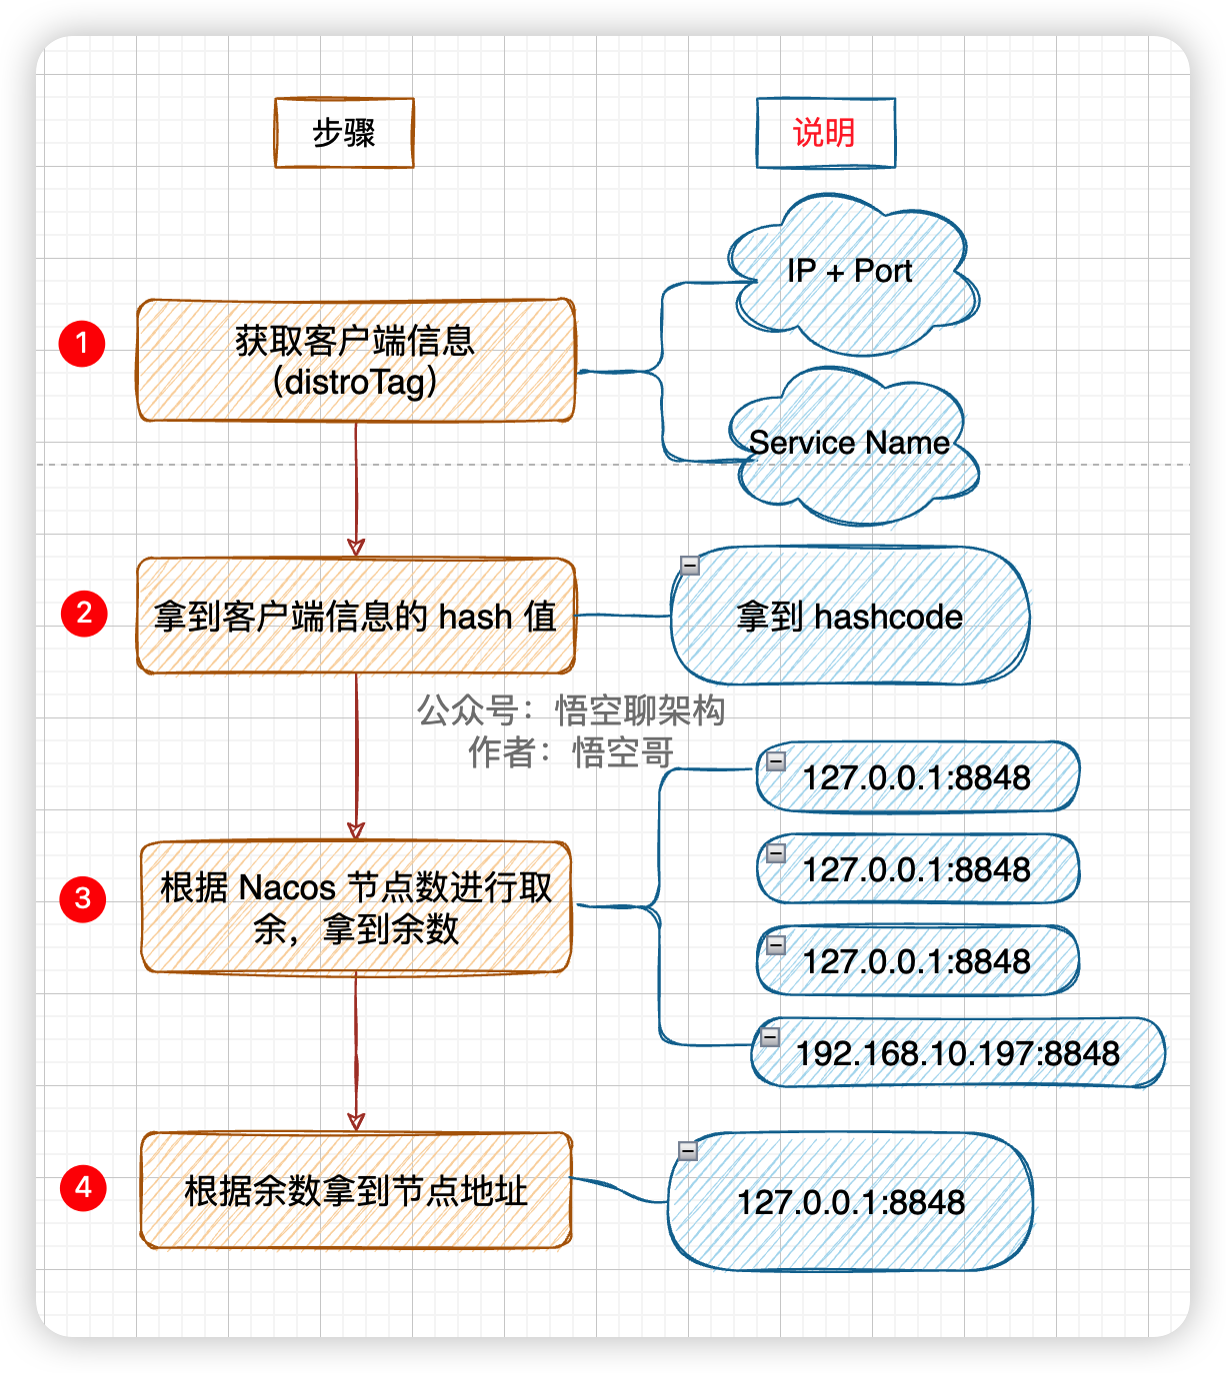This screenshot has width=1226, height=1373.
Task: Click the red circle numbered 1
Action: tap(82, 343)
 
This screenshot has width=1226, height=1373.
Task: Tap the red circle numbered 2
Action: tap(84, 613)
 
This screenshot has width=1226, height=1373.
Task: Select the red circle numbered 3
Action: tap(83, 898)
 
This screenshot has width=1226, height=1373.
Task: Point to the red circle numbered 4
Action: tap(83, 1187)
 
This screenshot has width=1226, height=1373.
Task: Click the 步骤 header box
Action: tap(344, 133)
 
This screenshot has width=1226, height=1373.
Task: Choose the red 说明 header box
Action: tap(825, 133)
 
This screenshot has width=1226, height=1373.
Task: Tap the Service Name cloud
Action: tap(850, 445)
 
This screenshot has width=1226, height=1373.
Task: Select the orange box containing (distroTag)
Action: tap(356, 361)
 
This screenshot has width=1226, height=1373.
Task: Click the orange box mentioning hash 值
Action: tap(356, 616)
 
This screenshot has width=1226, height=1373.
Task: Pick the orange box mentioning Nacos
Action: tap(356, 907)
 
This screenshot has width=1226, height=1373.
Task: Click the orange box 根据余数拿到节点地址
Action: tap(356, 1190)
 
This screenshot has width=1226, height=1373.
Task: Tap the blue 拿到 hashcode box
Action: tap(850, 617)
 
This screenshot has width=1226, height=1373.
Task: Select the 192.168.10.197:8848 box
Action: tap(957, 1053)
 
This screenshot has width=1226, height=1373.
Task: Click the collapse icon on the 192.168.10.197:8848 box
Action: tap(770, 1037)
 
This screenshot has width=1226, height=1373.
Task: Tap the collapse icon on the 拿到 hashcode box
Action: tap(690, 566)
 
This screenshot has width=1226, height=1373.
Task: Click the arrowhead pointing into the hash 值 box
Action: tap(356, 548)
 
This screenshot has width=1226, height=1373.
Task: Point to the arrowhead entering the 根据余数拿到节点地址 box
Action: tap(356, 1121)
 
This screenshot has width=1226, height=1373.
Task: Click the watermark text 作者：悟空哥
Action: tap(571, 752)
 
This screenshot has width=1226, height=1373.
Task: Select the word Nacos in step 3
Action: tap(287, 887)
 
